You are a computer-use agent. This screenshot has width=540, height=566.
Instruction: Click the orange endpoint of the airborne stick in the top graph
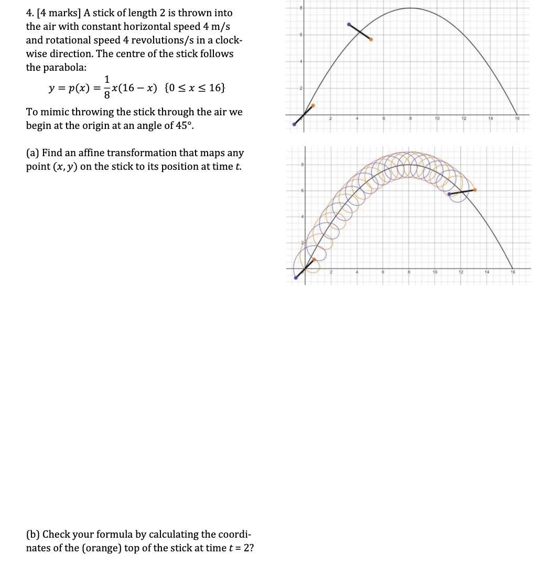[x=371, y=39]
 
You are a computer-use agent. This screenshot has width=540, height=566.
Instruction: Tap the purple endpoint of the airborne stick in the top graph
[x=349, y=24]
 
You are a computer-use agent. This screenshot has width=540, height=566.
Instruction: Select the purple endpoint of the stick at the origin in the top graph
[x=295, y=124]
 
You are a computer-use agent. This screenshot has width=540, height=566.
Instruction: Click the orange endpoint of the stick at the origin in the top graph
[x=314, y=105]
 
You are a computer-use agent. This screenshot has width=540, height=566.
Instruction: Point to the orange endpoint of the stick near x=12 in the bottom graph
[x=475, y=190]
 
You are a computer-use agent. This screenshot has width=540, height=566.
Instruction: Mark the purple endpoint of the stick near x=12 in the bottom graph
[x=449, y=194]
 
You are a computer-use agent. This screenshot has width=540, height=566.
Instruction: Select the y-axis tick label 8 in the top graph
[x=301, y=8]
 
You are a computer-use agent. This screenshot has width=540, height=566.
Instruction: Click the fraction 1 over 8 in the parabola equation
[x=107, y=88]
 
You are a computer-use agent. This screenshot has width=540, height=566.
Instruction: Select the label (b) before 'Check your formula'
[x=33, y=535]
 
